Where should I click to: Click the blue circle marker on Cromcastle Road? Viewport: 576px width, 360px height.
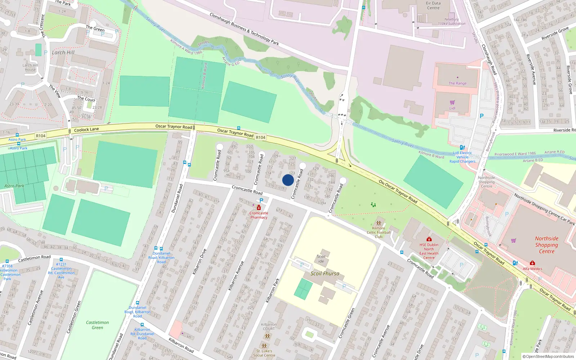(x=288, y=180)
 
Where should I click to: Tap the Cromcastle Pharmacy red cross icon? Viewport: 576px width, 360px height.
(x=259, y=207)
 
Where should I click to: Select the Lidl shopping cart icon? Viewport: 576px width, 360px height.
(x=452, y=103)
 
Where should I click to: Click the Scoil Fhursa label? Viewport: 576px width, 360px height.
(x=325, y=274)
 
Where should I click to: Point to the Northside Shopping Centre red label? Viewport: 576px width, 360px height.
(x=546, y=245)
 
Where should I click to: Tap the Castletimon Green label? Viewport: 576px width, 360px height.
(x=97, y=325)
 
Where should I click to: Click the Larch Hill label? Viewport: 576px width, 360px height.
(x=63, y=53)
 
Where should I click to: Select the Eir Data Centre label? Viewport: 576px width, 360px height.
(x=433, y=5)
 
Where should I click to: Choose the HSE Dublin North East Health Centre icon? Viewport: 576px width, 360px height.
(x=429, y=239)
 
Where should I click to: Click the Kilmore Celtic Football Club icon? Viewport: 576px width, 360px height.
(x=378, y=223)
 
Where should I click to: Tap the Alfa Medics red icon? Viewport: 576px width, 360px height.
(x=532, y=263)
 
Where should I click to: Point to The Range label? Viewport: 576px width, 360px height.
(x=458, y=83)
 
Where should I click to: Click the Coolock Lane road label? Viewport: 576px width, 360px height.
(x=86, y=130)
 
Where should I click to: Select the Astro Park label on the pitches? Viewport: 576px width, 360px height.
(x=14, y=186)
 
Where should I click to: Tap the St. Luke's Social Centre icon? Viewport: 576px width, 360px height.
(x=264, y=346)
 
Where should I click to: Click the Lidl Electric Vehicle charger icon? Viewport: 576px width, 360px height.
(x=462, y=147)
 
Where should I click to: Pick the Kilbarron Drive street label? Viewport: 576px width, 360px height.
(x=199, y=262)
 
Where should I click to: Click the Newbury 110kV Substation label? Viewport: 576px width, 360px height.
(x=451, y=22)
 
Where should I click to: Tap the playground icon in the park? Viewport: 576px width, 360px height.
(x=373, y=205)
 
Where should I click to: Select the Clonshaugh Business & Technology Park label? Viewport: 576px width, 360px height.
(x=244, y=29)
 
